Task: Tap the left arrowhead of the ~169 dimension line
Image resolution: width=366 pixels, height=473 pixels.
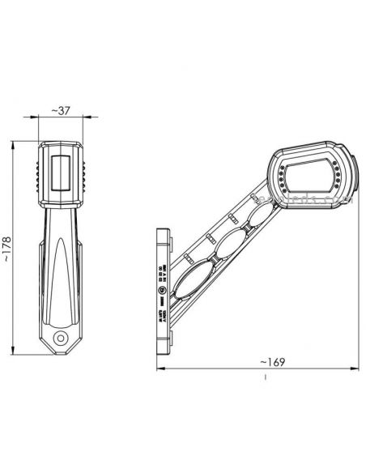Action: [158, 369]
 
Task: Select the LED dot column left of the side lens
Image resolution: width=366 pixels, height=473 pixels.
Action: [280, 175]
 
